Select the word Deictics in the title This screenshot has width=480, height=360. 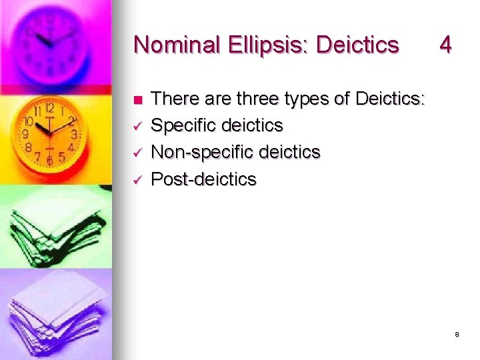click(x=357, y=45)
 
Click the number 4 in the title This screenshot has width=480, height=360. click(x=445, y=45)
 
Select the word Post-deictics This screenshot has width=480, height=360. click(x=204, y=179)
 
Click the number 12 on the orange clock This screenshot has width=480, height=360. click(x=49, y=107)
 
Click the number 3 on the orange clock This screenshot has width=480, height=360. click(x=75, y=134)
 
